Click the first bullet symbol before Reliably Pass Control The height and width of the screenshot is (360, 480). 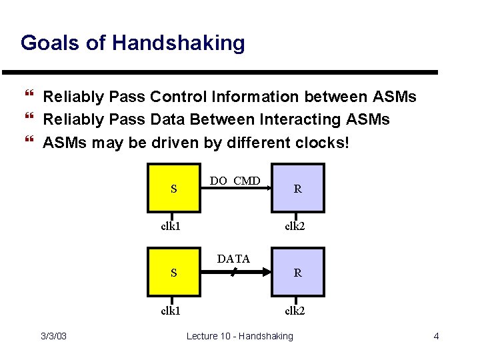(28, 97)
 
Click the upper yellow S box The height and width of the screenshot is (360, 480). (174, 188)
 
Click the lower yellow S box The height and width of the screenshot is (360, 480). (174, 272)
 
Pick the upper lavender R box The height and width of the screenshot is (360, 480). (298, 188)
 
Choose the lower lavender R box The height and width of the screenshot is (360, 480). (298, 272)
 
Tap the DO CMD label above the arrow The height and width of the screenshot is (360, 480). (235, 181)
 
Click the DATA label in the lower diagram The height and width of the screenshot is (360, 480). (233, 259)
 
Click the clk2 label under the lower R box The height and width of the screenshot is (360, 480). (295, 310)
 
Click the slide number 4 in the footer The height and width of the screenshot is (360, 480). (436, 336)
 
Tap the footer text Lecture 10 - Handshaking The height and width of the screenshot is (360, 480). (239, 336)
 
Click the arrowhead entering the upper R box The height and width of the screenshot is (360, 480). (268, 188)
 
